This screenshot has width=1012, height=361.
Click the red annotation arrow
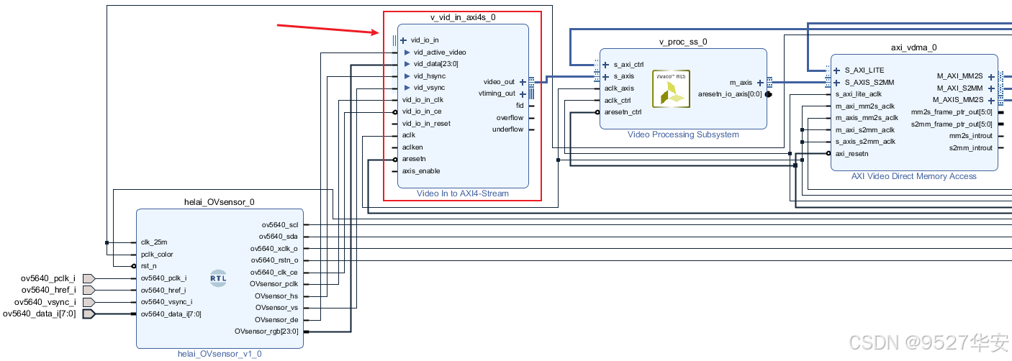tap(328, 29)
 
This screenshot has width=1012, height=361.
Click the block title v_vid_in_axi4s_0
tap(462, 17)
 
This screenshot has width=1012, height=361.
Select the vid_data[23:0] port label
tap(435, 64)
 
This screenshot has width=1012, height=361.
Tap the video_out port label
tap(499, 82)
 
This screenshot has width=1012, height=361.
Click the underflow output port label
tap(507, 129)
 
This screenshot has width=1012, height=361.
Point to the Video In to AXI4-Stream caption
tap(462, 193)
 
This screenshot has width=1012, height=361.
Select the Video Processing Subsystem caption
tap(682, 134)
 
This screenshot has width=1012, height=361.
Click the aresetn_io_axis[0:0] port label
tap(729, 94)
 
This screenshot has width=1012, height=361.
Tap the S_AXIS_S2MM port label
tap(869, 82)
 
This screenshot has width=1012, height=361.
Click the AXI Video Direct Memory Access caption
tap(914, 176)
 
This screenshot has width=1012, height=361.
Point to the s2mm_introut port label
tap(970, 147)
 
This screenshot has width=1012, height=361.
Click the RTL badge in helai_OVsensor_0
tap(218, 278)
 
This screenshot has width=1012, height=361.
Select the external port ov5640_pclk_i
tap(48, 278)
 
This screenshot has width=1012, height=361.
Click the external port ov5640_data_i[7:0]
tap(39, 314)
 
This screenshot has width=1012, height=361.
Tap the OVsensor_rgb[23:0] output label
tap(266, 332)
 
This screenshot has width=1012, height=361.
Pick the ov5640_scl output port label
tap(279, 225)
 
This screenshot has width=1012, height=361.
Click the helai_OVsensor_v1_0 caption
tap(220, 354)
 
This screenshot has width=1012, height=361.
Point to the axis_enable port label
tap(420, 171)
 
